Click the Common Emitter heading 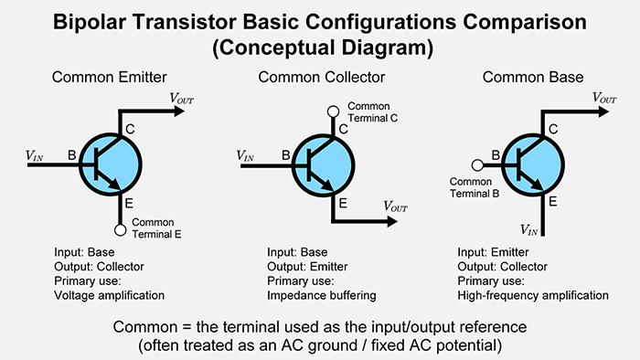111,78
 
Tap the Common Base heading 527,78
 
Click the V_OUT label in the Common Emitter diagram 181,97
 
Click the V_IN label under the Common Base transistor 528,229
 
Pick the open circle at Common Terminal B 476,164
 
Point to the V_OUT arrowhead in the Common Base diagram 607,112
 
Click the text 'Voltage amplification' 110,295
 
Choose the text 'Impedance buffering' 321,295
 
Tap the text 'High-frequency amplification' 531,295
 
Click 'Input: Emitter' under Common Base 496,252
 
